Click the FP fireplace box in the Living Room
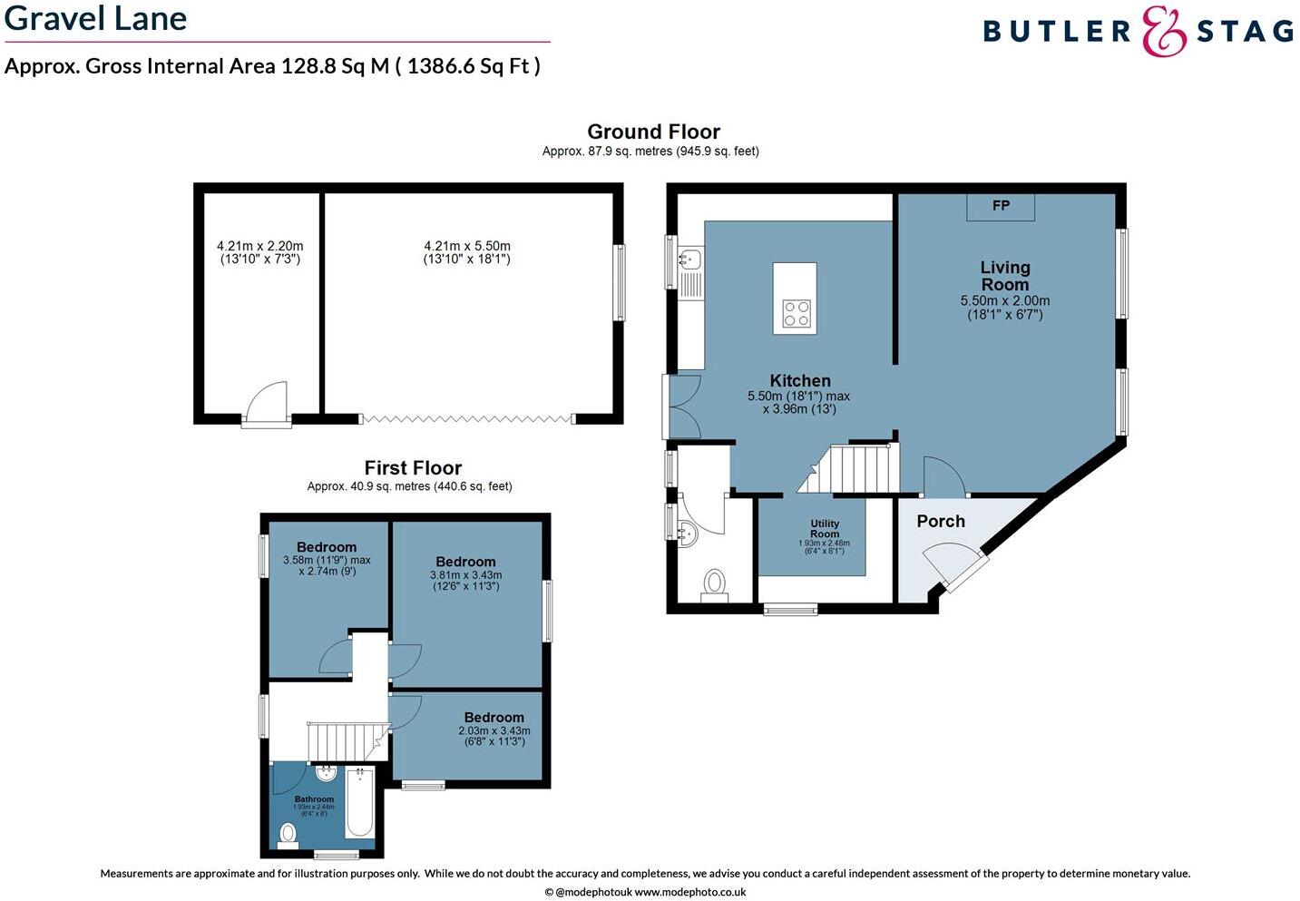(x=1001, y=206)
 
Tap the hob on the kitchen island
(x=797, y=314)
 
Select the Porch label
(x=941, y=521)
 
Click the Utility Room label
(x=825, y=529)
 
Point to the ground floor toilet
(x=715, y=583)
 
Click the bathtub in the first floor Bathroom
(x=359, y=803)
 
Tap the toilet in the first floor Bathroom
(x=289, y=833)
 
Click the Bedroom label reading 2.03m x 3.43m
(x=494, y=718)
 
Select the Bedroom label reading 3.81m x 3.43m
(x=465, y=563)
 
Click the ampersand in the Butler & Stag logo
(x=1164, y=32)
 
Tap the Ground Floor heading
(x=653, y=132)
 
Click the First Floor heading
(x=413, y=467)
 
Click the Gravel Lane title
(x=96, y=18)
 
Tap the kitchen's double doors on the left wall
(x=681, y=406)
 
